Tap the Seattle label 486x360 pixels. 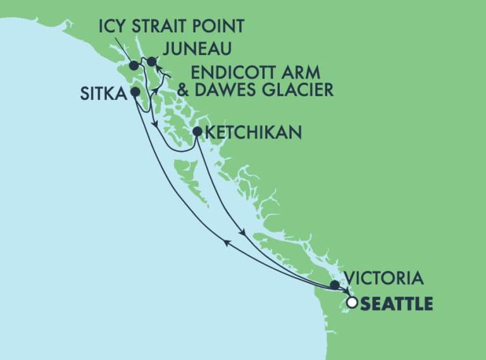397,304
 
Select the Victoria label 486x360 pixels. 382,278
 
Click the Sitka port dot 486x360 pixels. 135,92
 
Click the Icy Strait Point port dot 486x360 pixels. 134,65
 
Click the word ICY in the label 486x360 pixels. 113,27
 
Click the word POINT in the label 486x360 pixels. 221,27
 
